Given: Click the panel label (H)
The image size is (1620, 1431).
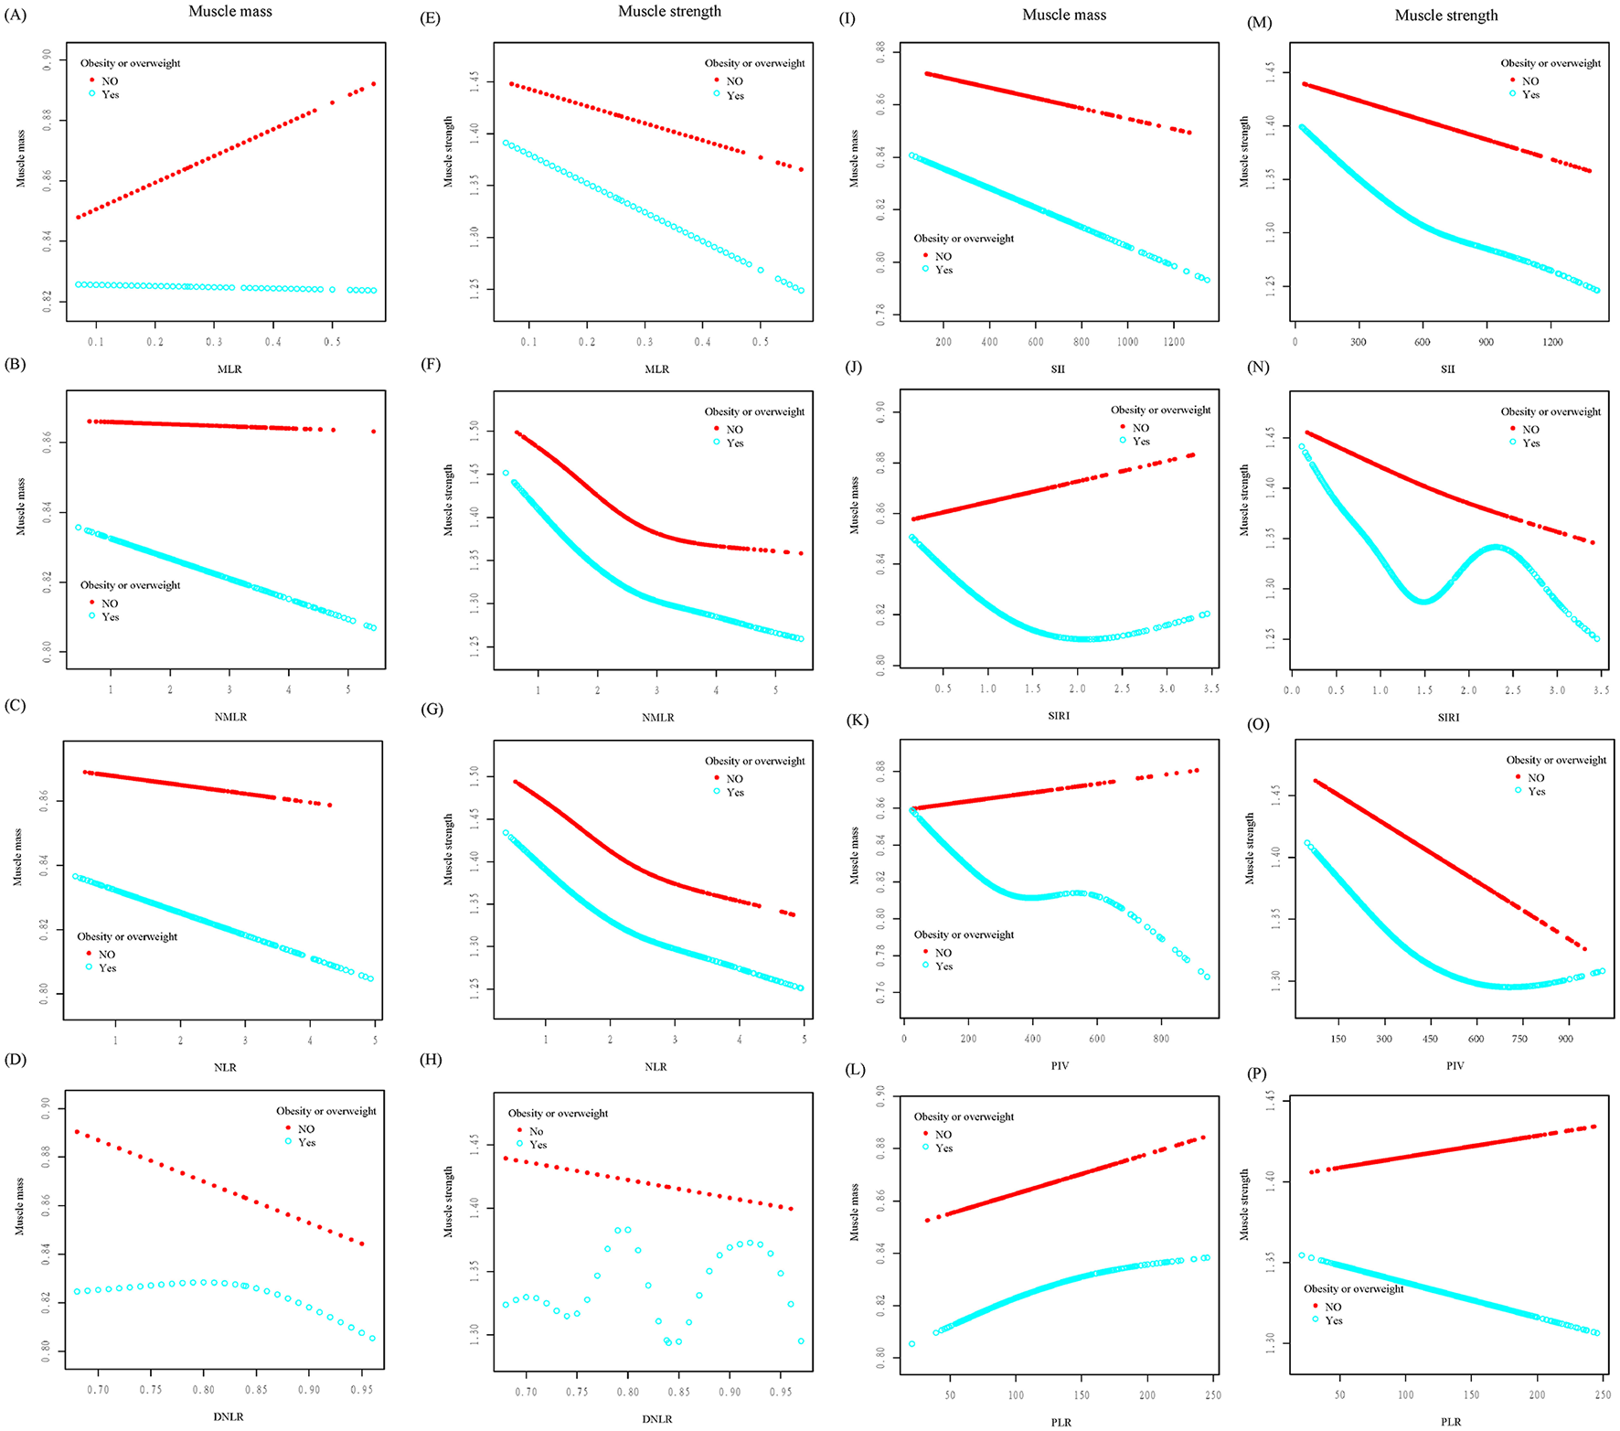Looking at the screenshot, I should pos(430,1060).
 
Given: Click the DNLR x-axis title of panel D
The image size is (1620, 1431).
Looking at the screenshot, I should pos(229,1416).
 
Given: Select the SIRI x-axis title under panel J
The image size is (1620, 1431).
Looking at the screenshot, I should pos(1058,715).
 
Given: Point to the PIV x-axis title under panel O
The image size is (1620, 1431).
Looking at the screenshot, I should pos(1455,1065).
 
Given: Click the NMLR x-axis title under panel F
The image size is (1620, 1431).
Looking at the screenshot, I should pos(657,717).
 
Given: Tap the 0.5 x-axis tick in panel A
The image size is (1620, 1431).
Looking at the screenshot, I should pos(332,341).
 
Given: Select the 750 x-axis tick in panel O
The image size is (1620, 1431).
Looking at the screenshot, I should pos(1519,1039).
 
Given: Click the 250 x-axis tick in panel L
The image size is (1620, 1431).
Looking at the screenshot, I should pos(1212,1394).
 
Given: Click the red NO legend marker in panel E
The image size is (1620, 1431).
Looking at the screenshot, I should pos(717,80).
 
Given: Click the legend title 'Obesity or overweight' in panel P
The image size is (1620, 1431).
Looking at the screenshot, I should pos(1353,1288).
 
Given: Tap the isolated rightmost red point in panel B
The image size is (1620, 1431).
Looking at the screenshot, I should pos(374,432).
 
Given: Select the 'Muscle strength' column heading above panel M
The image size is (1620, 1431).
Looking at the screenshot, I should pos(1445,16).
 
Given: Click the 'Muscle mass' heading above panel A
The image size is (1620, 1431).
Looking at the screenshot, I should pos(229,12).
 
